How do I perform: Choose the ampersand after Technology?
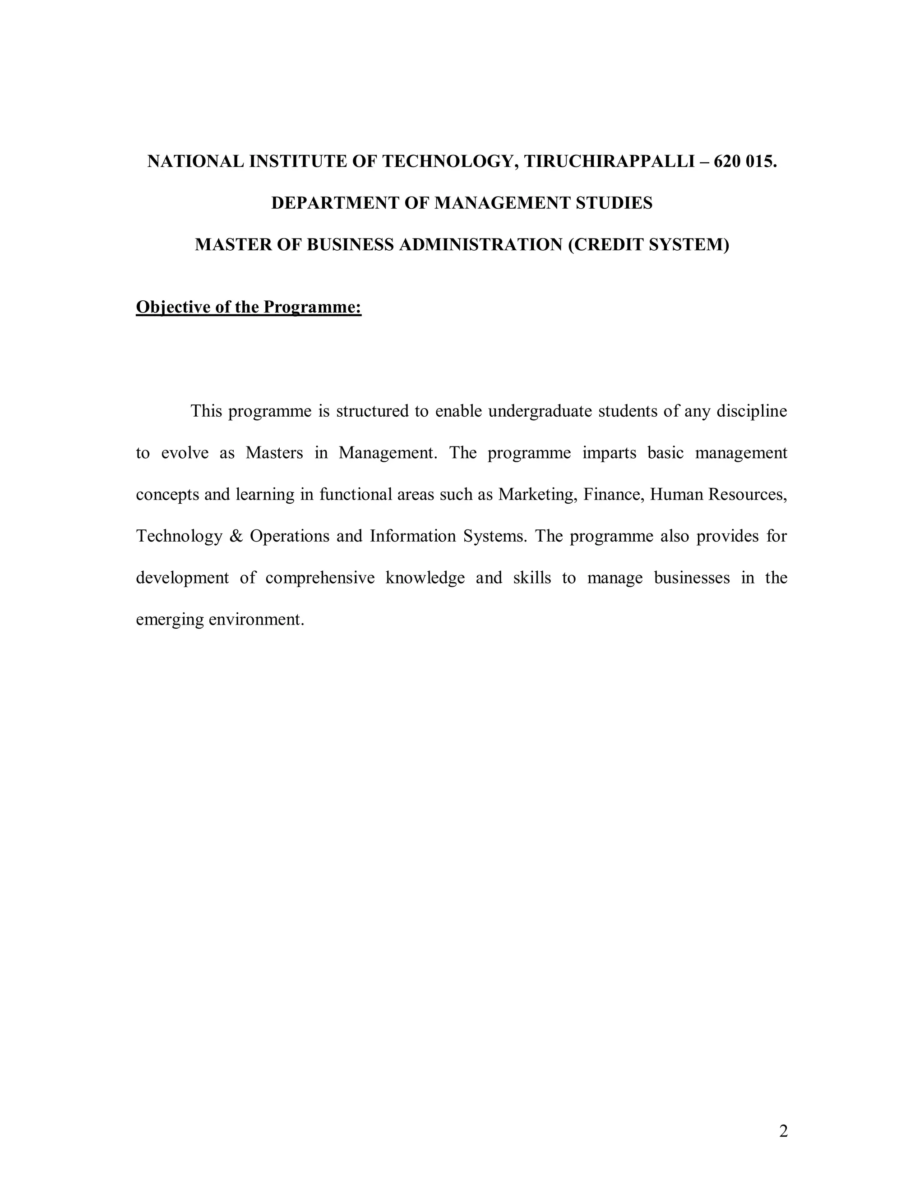click(236, 536)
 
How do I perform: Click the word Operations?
click(290, 536)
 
